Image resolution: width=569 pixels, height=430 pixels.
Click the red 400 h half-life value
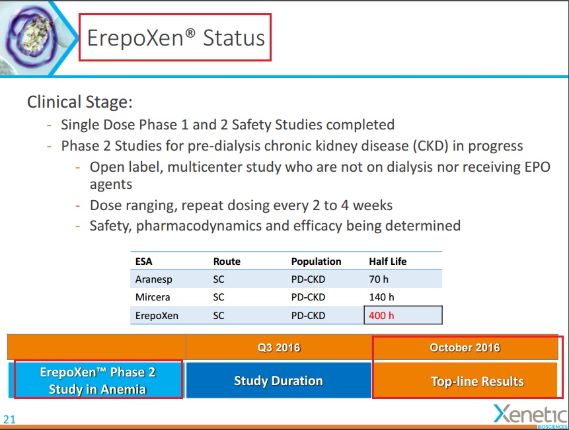coord(381,316)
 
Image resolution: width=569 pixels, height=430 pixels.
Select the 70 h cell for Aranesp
coord(379,279)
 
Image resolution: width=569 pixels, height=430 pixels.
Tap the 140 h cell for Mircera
coord(381,297)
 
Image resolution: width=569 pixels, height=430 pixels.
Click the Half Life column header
coord(387,262)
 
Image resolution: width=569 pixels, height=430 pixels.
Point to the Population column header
coord(316,262)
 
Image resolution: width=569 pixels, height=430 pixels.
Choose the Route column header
coord(227,262)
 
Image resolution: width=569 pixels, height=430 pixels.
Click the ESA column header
coord(143,262)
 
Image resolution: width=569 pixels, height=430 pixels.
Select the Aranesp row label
coord(153,279)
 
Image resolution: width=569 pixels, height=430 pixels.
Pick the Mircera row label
coord(153,297)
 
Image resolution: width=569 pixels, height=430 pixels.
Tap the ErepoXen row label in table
coord(157,316)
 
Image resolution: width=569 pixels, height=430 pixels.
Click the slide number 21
coord(9,419)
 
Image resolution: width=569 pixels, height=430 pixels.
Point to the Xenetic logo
coord(531,415)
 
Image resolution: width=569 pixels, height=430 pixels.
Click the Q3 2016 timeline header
coord(279,347)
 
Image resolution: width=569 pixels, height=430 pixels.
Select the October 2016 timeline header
coord(465,347)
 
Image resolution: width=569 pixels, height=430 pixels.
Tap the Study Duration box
coord(278,380)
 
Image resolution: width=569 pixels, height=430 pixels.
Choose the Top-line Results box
coord(465,380)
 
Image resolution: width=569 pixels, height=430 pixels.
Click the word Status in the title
coord(234,38)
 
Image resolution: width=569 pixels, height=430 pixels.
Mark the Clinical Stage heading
coord(80,102)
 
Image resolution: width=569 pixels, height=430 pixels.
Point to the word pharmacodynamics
coord(198,226)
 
